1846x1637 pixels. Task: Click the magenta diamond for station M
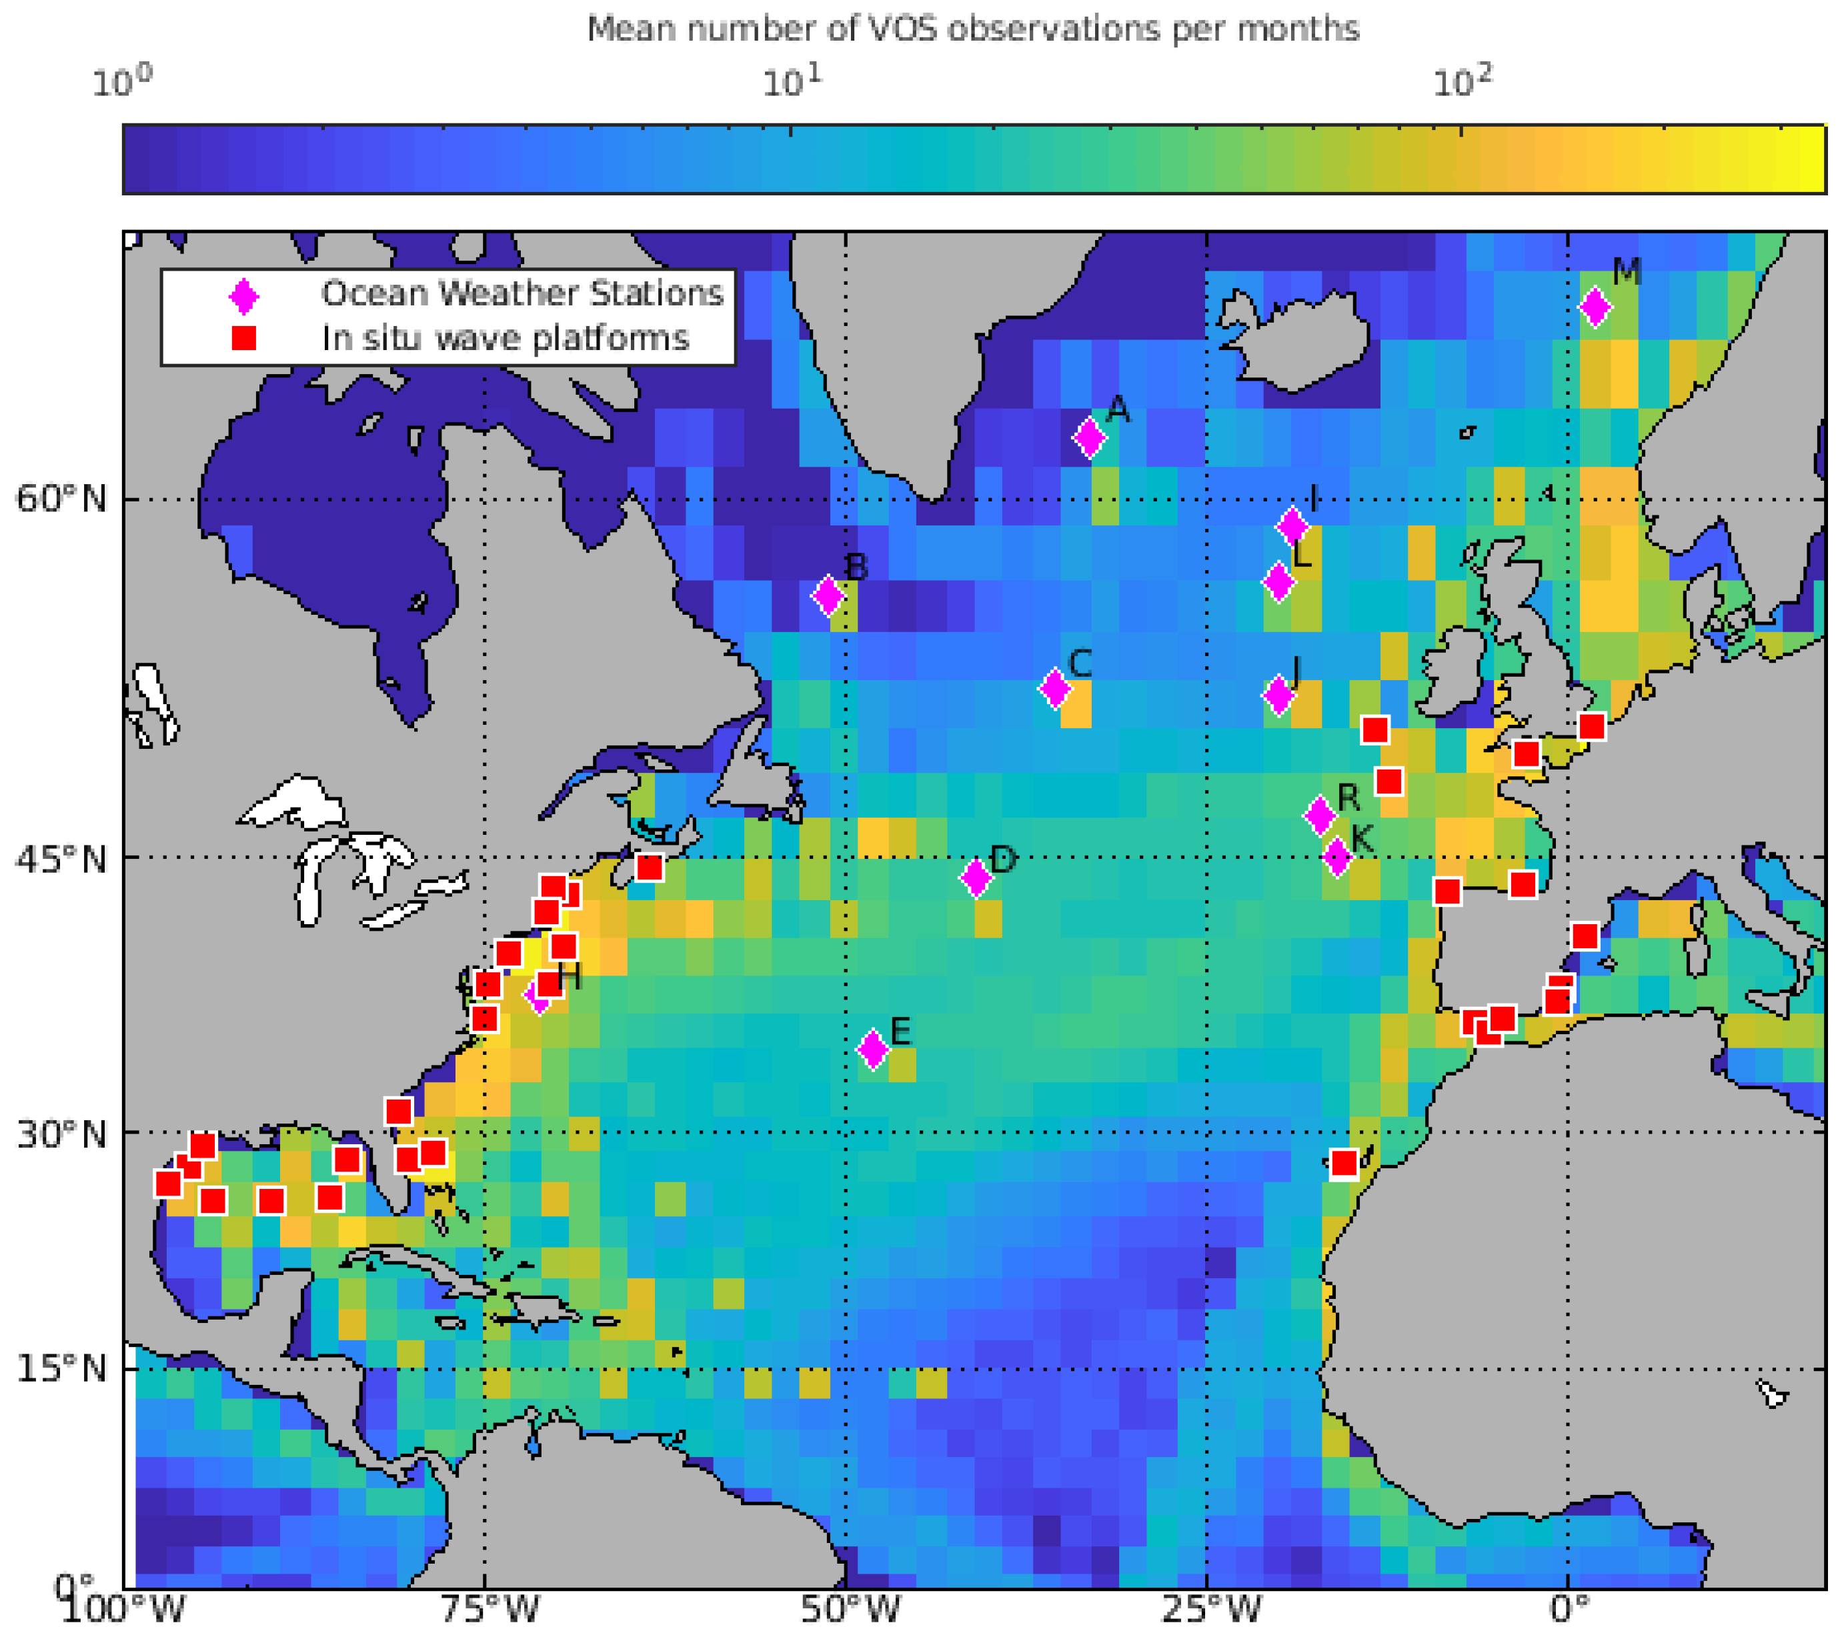1595,307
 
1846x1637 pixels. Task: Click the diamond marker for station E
872,1048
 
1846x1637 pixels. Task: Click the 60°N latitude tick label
61,498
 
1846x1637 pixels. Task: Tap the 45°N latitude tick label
61,860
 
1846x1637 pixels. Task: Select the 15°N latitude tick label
61,1370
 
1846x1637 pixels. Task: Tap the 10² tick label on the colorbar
1462,83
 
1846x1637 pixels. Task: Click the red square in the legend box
244,337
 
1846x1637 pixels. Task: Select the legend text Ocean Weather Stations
522,293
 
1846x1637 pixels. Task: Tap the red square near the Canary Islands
1344,1163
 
